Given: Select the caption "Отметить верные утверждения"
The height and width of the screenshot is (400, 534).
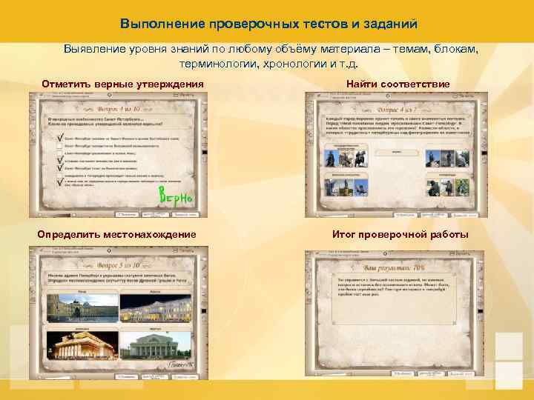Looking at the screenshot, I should (122, 84).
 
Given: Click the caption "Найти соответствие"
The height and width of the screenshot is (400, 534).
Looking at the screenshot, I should (398, 84).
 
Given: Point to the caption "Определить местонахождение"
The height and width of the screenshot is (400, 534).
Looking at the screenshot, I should (117, 235).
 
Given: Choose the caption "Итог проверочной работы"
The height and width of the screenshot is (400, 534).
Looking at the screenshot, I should (400, 235).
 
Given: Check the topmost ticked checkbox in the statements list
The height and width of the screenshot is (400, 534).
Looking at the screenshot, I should (59, 136).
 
